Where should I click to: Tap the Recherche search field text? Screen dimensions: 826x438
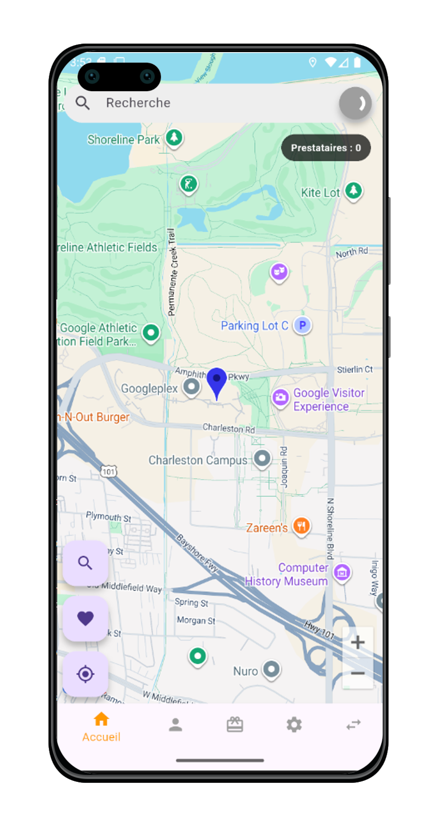pyautogui.click(x=138, y=103)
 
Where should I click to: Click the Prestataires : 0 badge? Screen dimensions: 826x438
pyautogui.click(x=326, y=148)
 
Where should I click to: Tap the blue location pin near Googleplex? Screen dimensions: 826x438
pyautogui.click(x=217, y=380)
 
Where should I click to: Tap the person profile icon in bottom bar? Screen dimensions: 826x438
pyautogui.click(x=175, y=725)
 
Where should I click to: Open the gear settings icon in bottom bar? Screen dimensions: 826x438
pyautogui.click(x=294, y=725)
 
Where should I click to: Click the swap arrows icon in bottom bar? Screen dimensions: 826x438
pyautogui.click(x=353, y=725)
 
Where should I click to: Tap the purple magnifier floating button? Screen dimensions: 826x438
pyautogui.click(x=85, y=563)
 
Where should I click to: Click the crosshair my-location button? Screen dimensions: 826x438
pyautogui.click(x=85, y=674)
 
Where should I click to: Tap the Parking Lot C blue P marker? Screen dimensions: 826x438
pyautogui.click(x=302, y=325)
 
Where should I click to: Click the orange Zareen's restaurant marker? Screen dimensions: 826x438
pyautogui.click(x=301, y=526)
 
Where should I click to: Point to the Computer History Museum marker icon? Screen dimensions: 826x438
pyautogui.click(x=342, y=572)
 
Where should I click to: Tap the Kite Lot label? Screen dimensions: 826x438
pyautogui.click(x=320, y=193)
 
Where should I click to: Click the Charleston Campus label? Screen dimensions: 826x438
pyautogui.click(x=198, y=460)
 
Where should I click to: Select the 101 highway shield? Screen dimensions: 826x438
pyautogui.click(x=108, y=471)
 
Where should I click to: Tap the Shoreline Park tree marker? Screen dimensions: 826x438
pyautogui.click(x=174, y=137)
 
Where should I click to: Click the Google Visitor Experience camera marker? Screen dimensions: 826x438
pyautogui.click(x=281, y=397)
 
